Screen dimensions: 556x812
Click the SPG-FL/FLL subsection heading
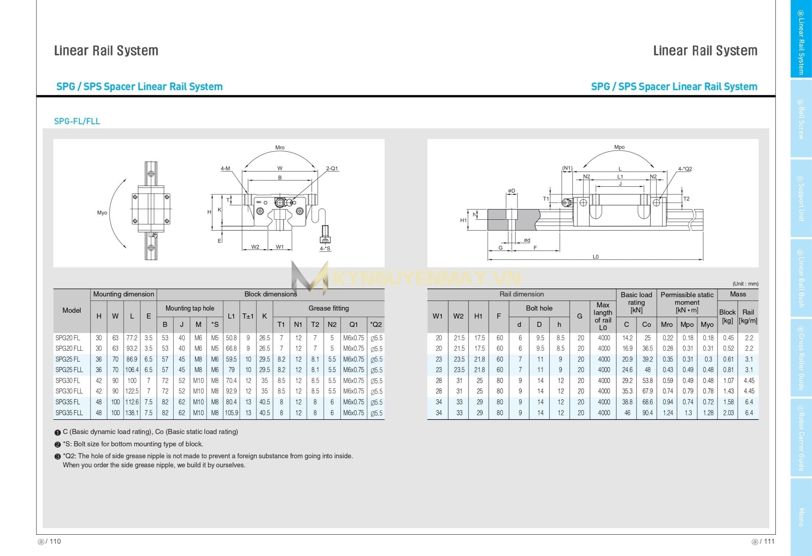[77, 121]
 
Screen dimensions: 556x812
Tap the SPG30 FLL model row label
[69, 391]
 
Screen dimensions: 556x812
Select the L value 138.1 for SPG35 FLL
[132, 413]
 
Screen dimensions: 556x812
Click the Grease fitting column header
[329, 308]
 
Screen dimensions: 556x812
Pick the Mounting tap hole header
[190, 308]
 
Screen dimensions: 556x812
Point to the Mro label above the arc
[280, 148]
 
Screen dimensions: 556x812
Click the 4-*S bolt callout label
[325, 248]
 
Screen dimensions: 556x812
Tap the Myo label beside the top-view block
[102, 213]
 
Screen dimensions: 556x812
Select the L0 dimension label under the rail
[596, 257]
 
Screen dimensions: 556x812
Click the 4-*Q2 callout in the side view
[685, 169]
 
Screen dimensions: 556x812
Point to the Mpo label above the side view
[619, 147]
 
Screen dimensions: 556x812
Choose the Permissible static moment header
[687, 302]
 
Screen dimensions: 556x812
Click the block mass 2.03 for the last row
[728, 413]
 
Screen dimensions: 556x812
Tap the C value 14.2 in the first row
[627, 338]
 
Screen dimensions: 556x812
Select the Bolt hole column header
[539, 308]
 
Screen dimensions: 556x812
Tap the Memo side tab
[801, 517]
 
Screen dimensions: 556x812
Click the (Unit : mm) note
[745, 284]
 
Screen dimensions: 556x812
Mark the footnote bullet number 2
[58, 445]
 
